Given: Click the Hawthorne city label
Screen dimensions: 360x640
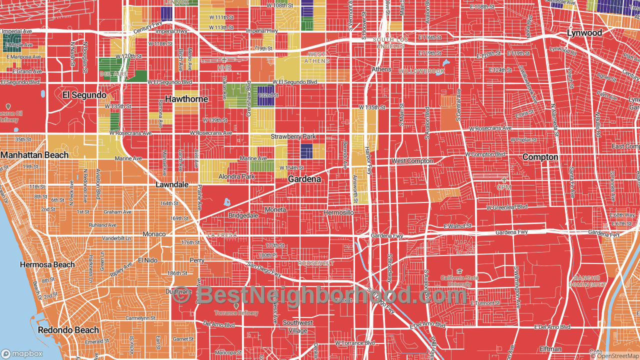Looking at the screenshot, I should click(186, 99).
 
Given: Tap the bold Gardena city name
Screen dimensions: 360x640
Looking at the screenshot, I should click(304, 179).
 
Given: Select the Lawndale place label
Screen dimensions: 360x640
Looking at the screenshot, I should click(172, 184).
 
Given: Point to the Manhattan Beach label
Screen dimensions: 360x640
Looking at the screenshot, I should click(34, 155).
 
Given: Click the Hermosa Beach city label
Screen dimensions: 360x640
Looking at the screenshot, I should click(47, 264).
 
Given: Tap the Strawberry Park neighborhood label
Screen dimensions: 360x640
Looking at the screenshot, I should click(293, 136).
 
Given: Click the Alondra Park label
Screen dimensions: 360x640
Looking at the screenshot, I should click(236, 176).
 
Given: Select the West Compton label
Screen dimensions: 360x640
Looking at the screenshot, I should click(412, 161).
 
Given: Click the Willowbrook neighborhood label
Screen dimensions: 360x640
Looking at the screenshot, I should click(421, 71).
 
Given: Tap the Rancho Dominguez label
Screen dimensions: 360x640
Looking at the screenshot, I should click(590, 281).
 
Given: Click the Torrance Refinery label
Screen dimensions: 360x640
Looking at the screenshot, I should click(236, 313).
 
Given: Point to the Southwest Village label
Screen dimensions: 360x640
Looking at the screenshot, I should click(298, 326).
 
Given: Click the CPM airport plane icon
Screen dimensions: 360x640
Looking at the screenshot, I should click(503, 179).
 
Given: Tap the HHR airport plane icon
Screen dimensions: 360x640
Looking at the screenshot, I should click(224, 60).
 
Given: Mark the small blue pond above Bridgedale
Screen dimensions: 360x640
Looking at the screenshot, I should click(227, 202).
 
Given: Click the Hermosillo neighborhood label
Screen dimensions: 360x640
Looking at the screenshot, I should click(338, 212).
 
